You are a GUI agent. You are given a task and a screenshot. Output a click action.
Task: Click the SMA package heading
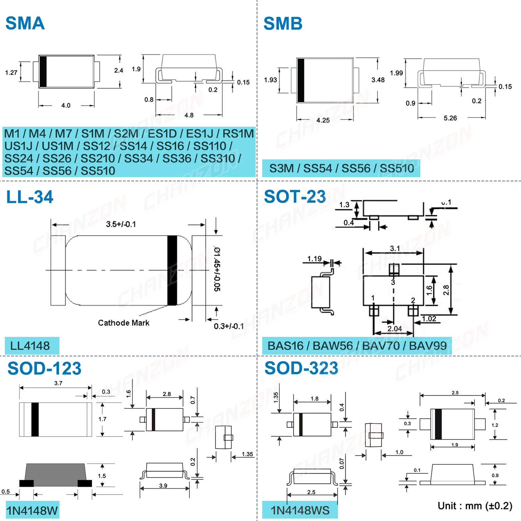pyautogui.click(x=25, y=23)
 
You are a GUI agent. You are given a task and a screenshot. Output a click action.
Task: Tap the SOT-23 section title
pyautogui.click(x=295, y=197)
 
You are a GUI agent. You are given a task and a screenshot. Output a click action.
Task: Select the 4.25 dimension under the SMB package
pyautogui.click(x=323, y=120)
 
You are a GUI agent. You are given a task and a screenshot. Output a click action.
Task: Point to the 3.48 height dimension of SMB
pyautogui.click(x=378, y=80)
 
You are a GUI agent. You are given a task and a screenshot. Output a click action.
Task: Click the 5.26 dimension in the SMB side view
pyautogui.click(x=450, y=118)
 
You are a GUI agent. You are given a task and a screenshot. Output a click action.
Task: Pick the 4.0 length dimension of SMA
pyautogui.click(x=66, y=105)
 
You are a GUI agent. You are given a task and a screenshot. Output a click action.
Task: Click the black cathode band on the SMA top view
pyautogui.click(x=43, y=71)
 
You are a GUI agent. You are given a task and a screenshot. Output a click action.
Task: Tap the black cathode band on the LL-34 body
pyautogui.click(x=172, y=270)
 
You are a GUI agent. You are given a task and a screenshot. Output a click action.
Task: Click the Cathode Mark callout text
pyautogui.click(x=124, y=323)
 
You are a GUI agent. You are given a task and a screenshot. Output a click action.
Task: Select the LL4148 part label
pyautogui.click(x=30, y=346)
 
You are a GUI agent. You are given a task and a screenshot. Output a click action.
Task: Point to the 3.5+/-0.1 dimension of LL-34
pyautogui.click(x=121, y=224)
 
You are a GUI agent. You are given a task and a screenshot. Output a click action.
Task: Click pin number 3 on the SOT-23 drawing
pyautogui.click(x=393, y=282)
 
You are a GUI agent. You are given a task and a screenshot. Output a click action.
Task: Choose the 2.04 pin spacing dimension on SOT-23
pyautogui.click(x=395, y=329)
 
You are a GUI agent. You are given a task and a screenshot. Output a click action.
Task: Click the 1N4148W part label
pyautogui.click(x=32, y=511)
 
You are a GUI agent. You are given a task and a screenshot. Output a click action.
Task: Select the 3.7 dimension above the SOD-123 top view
pyautogui.click(x=58, y=383)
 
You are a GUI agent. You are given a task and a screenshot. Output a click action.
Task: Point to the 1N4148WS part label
pyautogui.click(x=300, y=510)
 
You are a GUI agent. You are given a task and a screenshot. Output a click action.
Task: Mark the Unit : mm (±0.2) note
pyautogui.click(x=475, y=506)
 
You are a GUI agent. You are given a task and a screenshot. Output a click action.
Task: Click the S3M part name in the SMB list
pyautogui.click(x=281, y=168)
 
